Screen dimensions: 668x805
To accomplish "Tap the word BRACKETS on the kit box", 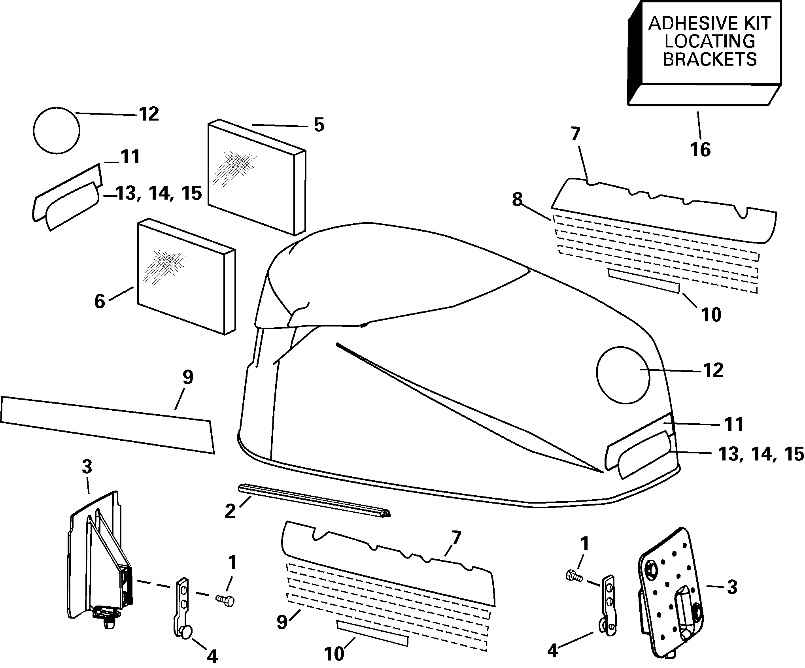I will pos(710,60).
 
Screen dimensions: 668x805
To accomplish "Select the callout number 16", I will pos(700,150).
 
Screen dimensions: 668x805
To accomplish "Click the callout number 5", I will pos(319,125).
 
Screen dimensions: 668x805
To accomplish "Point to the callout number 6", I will pos(100,302).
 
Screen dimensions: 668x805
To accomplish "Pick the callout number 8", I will pos(517,200).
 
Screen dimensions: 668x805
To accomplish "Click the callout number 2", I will pos(230,511).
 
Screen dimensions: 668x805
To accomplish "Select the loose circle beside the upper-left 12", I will pos(57,130).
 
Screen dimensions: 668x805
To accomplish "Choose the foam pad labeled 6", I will pos(186,277).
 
